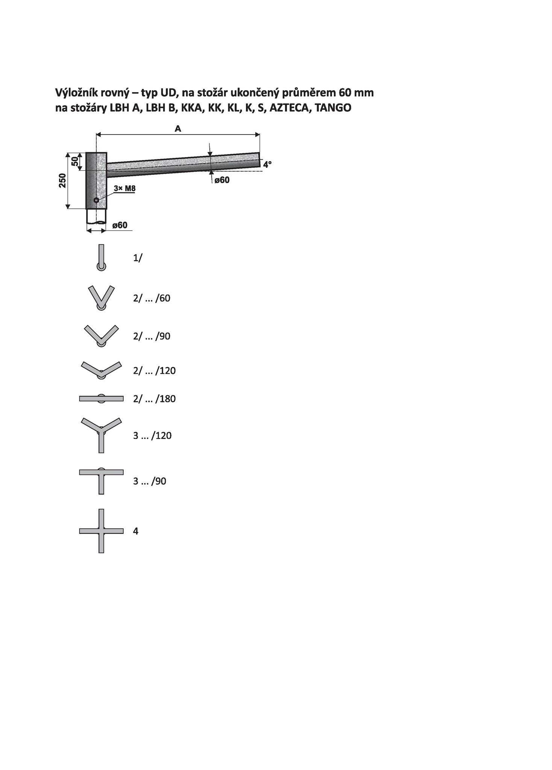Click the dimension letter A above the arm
(178, 129)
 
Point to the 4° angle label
(267, 164)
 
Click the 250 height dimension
(62, 180)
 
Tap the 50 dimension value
(75, 161)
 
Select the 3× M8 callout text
(124, 188)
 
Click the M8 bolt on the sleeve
(96, 200)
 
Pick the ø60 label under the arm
(222, 180)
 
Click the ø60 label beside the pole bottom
(120, 225)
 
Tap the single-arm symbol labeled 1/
(101, 258)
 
